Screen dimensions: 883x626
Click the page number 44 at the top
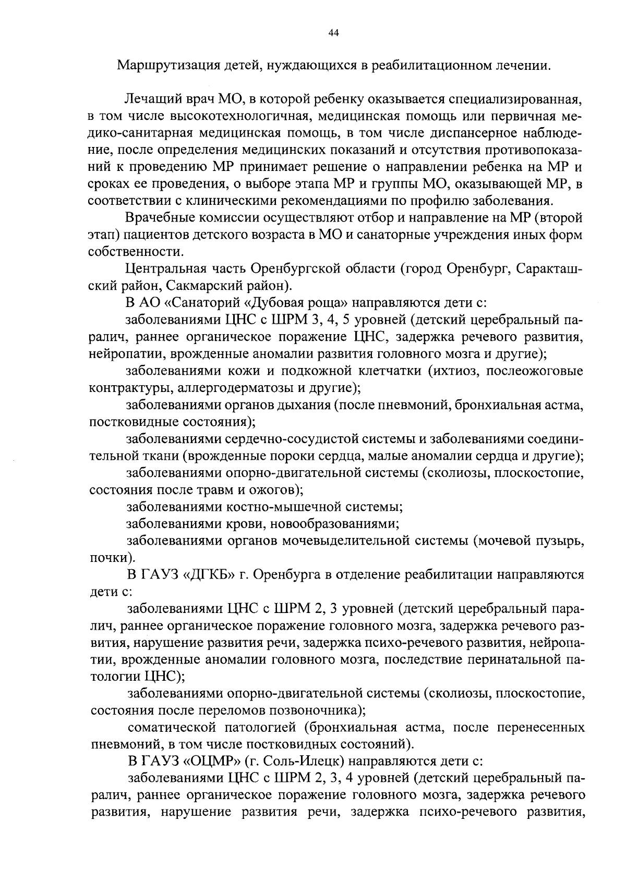coord(334,33)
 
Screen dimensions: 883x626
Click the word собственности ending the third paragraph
coord(135,252)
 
